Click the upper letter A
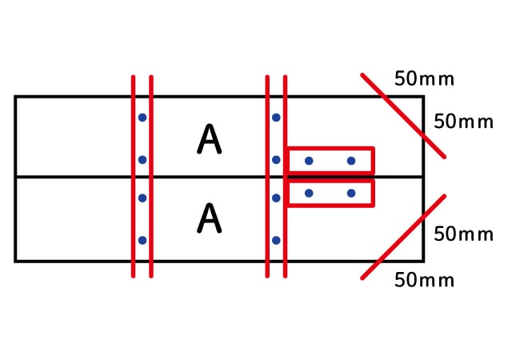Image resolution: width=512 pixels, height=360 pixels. [210, 139]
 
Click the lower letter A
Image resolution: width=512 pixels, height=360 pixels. [210, 218]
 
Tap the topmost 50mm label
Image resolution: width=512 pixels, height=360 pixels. [424, 78]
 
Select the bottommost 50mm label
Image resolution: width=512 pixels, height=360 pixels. [424, 280]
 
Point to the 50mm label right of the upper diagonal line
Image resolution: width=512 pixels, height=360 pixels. [463, 122]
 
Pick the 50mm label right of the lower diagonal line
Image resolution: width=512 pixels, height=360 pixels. [463, 234]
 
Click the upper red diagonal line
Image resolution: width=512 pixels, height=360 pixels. [403, 116]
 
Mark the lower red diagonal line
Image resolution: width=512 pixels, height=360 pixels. [403, 237]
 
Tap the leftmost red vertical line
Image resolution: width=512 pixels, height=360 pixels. [134, 177]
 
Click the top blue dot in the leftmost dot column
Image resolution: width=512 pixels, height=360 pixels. [142, 118]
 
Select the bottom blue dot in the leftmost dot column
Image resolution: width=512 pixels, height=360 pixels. [142, 241]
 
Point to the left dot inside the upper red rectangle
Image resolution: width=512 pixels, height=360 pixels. [309, 161]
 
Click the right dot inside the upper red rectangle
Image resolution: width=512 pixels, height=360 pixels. [351, 161]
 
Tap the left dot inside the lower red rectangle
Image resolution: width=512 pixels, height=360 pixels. [309, 194]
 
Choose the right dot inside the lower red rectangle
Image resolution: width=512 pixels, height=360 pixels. [351, 194]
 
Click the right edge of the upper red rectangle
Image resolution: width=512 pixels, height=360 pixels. [373, 160]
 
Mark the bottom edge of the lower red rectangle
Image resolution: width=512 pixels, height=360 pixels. [330, 205]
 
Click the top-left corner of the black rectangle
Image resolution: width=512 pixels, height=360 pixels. [15, 97]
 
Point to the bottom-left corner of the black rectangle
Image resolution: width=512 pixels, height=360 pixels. [15, 261]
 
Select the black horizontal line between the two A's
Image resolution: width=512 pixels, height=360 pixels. [219, 177]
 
